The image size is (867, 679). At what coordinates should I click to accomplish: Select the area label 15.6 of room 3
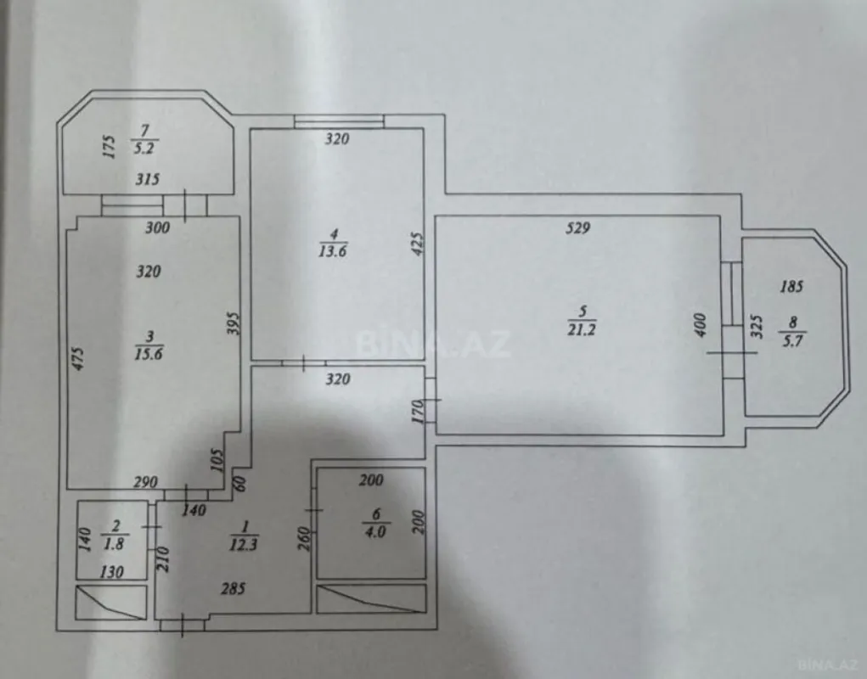(148, 352)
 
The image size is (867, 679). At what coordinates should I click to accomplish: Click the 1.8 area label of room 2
(112, 543)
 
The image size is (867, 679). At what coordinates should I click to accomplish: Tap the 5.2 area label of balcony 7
(143, 147)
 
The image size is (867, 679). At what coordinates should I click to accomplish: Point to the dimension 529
(580, 227)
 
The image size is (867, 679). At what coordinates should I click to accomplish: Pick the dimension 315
(147, 179)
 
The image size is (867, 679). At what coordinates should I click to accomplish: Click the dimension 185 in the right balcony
(791, 287)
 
